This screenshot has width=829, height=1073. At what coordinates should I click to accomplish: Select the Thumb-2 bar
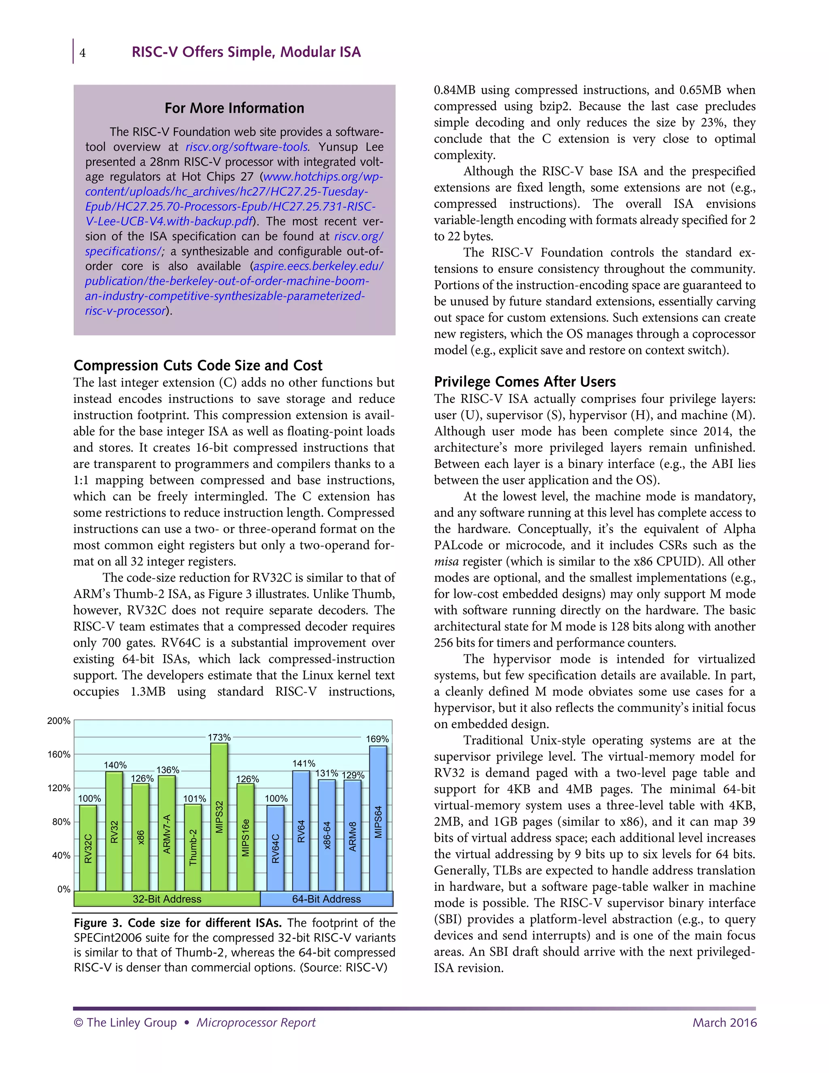(193, 847)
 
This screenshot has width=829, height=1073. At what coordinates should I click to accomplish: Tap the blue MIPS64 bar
(378, 818)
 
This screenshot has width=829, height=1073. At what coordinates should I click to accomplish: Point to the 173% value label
(219, 737)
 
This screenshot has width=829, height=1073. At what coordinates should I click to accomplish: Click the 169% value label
(377, 739)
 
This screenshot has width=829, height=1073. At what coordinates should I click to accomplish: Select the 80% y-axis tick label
(62, 822)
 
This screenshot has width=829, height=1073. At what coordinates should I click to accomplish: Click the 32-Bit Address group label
(167, 899)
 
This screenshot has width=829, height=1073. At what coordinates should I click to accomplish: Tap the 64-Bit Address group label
(326, 899)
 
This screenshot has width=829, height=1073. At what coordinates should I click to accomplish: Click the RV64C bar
(276, 848)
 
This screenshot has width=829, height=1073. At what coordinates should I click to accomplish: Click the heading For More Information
(234, 108)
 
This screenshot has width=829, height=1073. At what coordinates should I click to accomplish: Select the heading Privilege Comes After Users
(525, 382)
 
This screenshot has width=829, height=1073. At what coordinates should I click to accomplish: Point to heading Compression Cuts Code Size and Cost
(198, 366)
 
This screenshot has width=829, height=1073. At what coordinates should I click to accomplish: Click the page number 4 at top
(83, 53)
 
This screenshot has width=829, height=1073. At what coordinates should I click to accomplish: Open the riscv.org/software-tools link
(247, 147)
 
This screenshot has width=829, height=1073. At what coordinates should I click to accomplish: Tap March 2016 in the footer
(725, 1023)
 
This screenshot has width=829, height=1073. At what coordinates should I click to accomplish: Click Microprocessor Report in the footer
(256, 1023)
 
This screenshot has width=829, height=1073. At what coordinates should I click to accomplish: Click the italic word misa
(446, 562)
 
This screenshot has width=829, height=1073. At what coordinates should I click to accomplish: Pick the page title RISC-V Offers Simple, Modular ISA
(246, 52)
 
